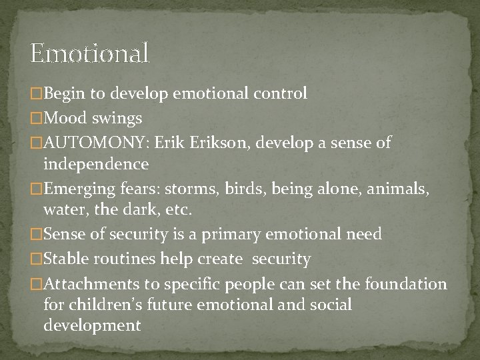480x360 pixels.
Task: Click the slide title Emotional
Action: click(90, 53)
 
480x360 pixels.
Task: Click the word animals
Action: click(404, 189)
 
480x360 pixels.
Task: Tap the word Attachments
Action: click(86, 285)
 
